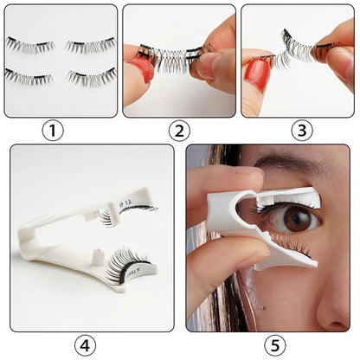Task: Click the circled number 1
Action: (54, 131)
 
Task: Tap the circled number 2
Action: (179, 131)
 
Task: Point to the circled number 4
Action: (84, 344)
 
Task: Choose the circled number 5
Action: (274, 344)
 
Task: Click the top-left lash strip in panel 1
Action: (30, 44)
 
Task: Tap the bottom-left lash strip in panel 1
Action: (30, 76)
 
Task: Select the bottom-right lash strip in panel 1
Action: (91, 78)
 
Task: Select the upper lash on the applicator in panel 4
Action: (130, 212)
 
